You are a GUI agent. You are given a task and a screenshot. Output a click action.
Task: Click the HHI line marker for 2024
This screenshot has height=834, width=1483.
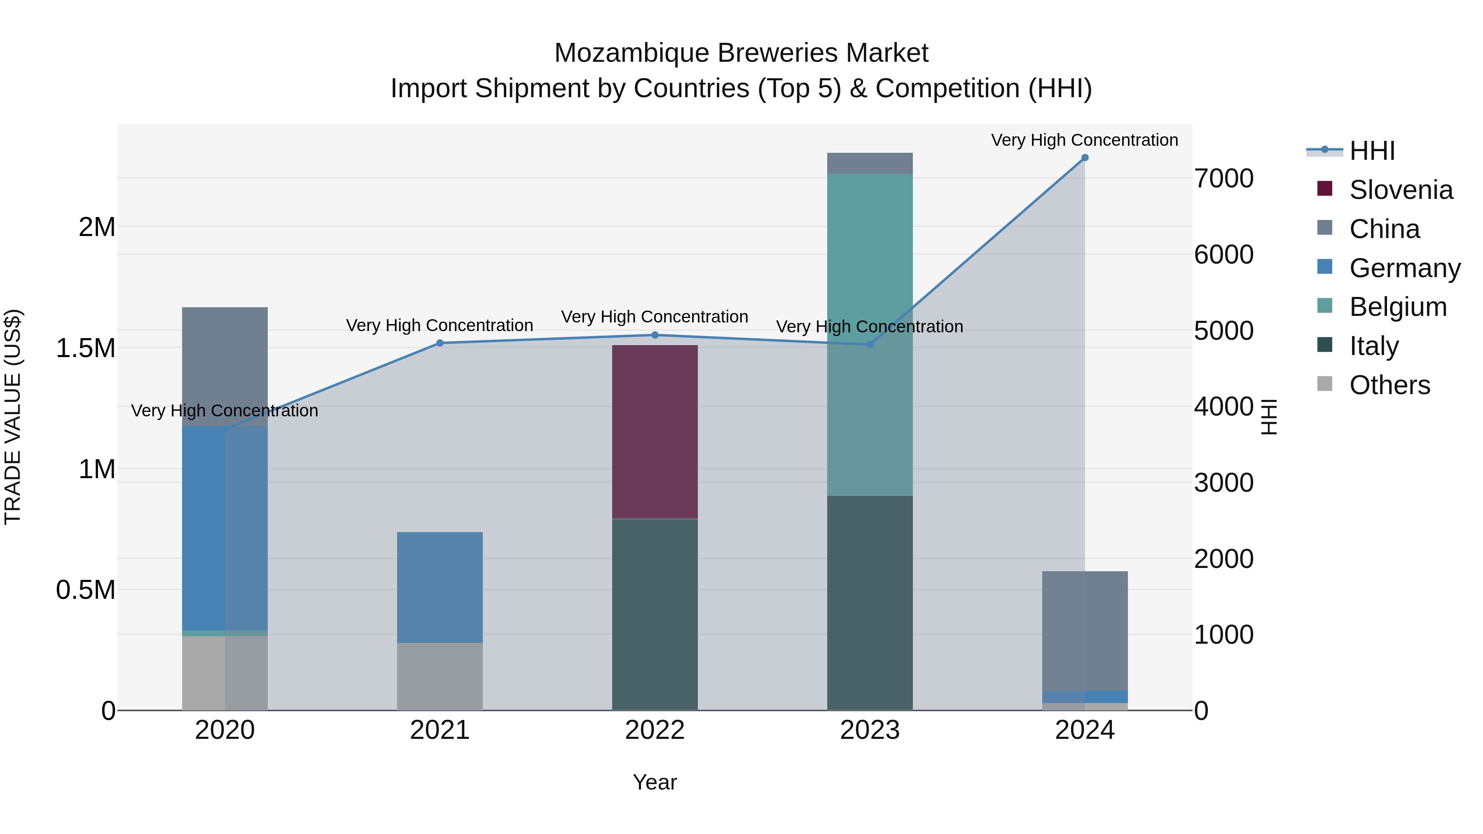[x=1085, y=158]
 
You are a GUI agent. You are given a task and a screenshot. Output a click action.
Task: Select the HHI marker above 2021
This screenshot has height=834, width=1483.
[x=440, y=343]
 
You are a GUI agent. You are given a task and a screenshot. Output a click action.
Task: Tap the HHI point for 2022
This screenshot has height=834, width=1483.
[x=655, y=335]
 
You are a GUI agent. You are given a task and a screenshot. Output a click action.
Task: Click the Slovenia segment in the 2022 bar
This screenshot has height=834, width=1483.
[x=655, y=432]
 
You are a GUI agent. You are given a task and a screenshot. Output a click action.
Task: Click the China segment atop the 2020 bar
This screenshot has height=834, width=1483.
[x=225, y=367]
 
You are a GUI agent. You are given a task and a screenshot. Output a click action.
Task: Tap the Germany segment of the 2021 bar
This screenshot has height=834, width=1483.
[x=440, y=587]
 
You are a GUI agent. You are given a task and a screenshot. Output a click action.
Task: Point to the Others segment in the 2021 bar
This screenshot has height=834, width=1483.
[x=440, y=676]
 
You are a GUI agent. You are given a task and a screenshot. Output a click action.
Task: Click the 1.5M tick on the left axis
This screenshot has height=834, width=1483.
[x=86, y=348]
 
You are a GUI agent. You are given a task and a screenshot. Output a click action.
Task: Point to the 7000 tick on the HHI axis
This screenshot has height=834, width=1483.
[x=1224, y=178]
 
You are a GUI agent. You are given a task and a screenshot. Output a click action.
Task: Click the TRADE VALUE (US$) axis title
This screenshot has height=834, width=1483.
[x=13, y=417]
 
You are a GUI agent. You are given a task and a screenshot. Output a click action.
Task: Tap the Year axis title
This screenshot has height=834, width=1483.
[x=655, y=782]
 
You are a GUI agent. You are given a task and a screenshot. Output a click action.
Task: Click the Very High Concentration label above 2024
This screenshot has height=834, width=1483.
[x=1085, y=140]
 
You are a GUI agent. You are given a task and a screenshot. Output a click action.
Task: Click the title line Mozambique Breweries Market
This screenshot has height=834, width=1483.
[x=741, y=53]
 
